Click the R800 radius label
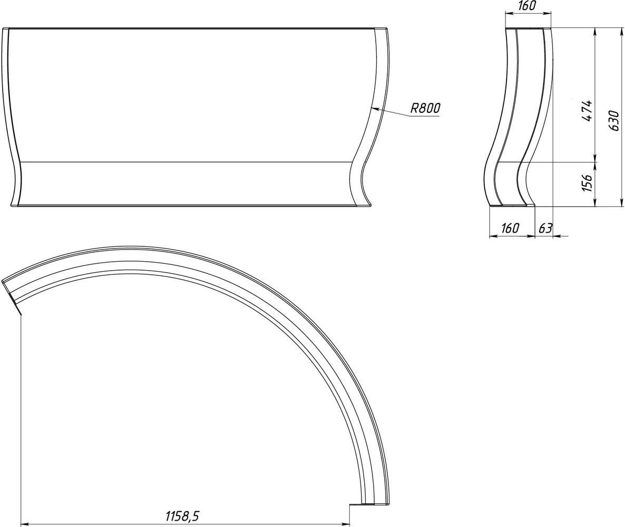pos(425,108)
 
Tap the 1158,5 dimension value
pos(182,516)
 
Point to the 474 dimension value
pos(587,111)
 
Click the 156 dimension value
pos(587,182)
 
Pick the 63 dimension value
pos(545,228)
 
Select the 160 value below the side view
pos(510,228)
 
